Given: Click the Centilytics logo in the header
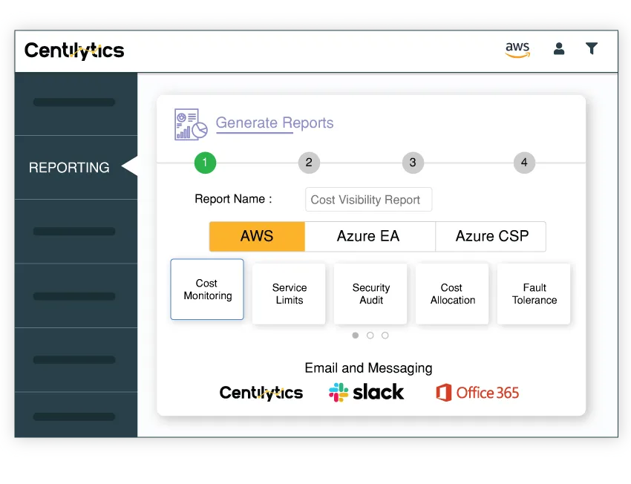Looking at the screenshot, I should (74, 50).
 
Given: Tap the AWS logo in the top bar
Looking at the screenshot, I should (517, 49).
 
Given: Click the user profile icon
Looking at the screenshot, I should (559, 49).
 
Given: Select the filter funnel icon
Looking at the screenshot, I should (592, 49).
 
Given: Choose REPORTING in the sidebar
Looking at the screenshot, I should (69, 168).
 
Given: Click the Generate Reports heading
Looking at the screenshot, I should (275, 123).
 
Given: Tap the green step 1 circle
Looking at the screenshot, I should (205, 163).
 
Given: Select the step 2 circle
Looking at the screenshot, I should (309, 163).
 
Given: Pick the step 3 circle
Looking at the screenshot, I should (413, 163).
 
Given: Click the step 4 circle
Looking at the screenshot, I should (524, 163).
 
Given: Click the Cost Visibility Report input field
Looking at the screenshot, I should (368, 200).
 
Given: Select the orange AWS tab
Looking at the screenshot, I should (257, 237).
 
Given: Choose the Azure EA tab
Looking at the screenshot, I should (369, 237).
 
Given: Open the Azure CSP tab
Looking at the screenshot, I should (491, 237).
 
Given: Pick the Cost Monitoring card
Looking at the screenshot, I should (207, 290).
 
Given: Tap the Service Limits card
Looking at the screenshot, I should (289, 294).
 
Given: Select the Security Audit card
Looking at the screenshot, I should (370, 294).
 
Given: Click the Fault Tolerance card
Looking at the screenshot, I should (534, 294).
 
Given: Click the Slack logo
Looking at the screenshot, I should (367, 392).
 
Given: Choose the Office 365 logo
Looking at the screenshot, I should (477, 393).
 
